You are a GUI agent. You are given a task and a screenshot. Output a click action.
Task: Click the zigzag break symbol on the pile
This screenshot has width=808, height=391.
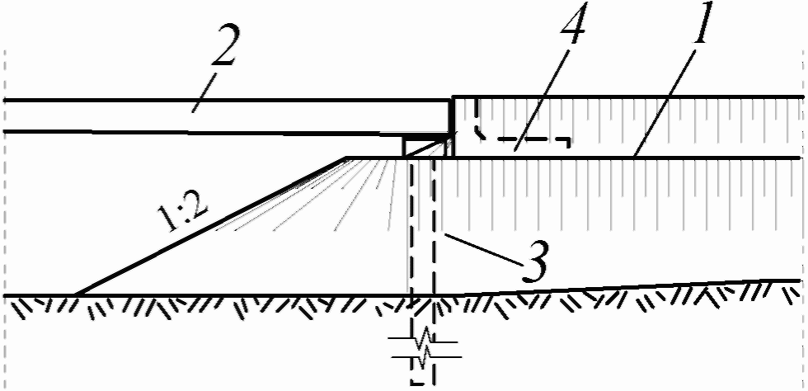click(x=424, y=347)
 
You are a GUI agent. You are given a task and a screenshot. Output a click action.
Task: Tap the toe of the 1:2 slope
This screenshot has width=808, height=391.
click(x=76, y=294)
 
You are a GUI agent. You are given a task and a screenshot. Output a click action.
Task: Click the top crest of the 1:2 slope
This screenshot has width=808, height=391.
click(x=344, y=158)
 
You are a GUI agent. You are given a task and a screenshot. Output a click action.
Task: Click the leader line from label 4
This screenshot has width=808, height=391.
click(x=544, y=98)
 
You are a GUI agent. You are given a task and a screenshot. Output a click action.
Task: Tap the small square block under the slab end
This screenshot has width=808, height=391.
click(x=416, y=147)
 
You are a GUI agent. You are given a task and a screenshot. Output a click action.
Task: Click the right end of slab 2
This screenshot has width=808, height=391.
click(x=449, y=116)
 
